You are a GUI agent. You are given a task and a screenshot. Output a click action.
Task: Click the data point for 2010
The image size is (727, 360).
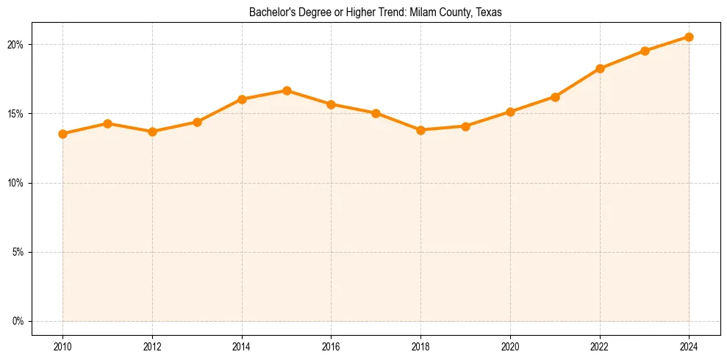[62, 134]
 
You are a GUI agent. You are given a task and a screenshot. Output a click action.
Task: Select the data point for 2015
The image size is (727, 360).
[287, 90]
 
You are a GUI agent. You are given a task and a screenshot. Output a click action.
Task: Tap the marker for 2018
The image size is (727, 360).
[420, 130]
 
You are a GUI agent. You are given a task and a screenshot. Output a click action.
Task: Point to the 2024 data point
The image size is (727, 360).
[689, 37]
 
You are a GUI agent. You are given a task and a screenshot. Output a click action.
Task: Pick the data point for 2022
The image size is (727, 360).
[600, 68]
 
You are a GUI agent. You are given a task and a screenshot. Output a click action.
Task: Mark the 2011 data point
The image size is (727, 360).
[107, 123]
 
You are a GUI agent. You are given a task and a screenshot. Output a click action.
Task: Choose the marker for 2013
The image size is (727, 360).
[197, 122]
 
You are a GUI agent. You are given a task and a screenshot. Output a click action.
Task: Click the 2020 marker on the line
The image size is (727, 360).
[510, 112]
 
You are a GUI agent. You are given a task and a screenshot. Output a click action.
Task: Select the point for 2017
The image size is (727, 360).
[376, 113]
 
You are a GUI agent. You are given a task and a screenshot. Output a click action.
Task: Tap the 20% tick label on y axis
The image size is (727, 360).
[15, 45]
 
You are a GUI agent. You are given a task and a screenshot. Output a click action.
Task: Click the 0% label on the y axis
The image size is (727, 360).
[18, 321]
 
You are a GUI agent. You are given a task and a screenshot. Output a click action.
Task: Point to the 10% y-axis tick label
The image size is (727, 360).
[15, 183]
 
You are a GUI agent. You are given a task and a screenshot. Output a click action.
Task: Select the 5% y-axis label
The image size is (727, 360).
[18, 252]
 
